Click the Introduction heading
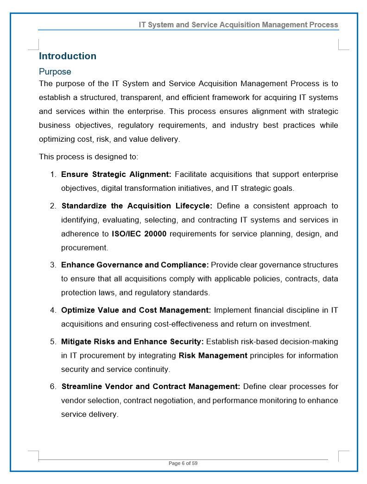[x=68, y=56]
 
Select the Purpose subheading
[x=55, y=72]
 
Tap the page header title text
[x=238, y=25]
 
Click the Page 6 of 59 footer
[x=183, y=463]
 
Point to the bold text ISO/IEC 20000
[x=139, y=234]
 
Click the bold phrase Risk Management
[x=213, y=356]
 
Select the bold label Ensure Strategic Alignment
[x=116, y=175]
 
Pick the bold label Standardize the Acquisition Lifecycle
[x=137, y=206]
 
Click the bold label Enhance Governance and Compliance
[x=135, y=265]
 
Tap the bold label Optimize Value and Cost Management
[x=136, y=310]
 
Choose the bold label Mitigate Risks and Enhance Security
[x=132, y=342]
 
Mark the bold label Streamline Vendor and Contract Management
[x=151, y=387]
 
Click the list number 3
[x=53, y=265]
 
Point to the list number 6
[x=53, y=387]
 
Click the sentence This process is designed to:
[x=89, y=157]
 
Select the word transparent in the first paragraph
[x=149, y=98]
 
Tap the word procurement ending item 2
[x=84, y=248]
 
